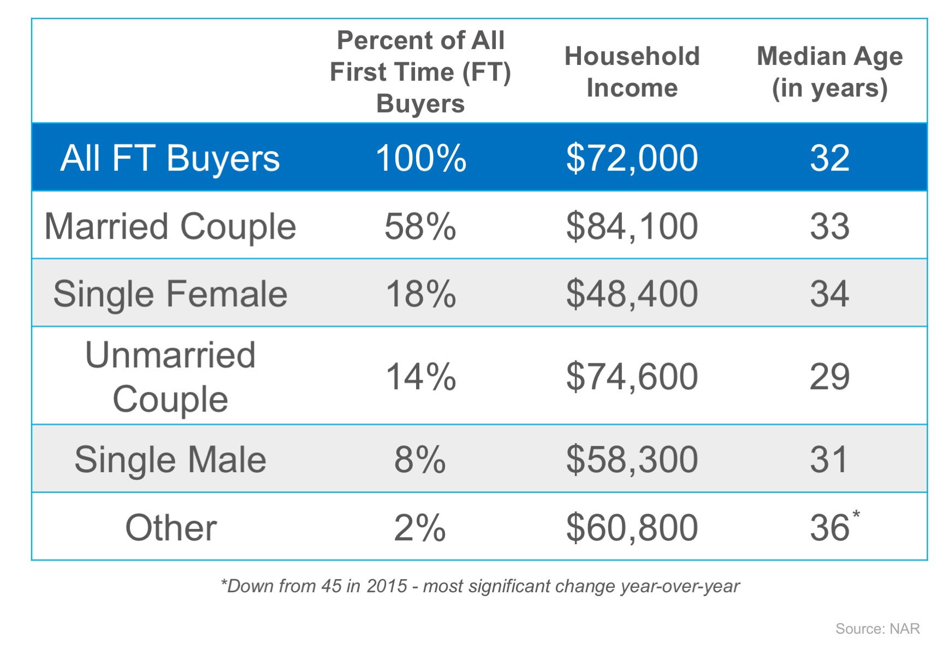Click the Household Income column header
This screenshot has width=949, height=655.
pos(632,72)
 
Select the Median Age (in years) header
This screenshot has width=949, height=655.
pos(829,72)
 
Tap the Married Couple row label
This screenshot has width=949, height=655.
pos(170,227)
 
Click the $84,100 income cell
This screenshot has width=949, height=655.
pos(632,227)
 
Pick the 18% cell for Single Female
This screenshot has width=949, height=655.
pos(420,294)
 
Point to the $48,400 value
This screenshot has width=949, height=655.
pos(632,294)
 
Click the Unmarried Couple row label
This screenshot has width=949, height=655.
pos(170,377)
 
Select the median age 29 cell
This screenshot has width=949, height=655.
pos(829,377)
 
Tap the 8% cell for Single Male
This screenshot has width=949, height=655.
pos(420,460)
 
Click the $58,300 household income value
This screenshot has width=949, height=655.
pos(632,460)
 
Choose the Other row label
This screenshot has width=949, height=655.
pos(171,528)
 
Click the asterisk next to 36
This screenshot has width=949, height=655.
pos(856,515)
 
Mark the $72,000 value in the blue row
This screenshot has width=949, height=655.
pos(632,158)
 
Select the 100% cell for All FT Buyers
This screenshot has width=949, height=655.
pos(420,158)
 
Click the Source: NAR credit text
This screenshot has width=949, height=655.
pos(877,629)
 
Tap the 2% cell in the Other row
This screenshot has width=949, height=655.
pos(420,528)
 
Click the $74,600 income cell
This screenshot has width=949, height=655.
pos(632,377)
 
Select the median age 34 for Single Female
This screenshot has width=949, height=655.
pos(829,294)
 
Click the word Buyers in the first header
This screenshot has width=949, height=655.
pos(420,104)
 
